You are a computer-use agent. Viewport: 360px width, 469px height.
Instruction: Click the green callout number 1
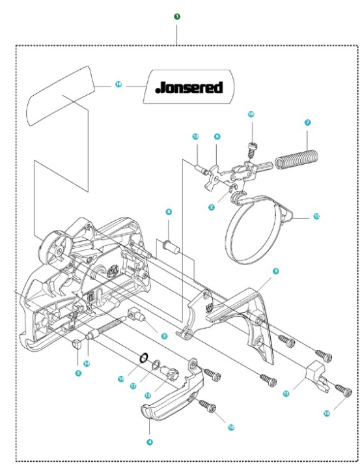point(177,16)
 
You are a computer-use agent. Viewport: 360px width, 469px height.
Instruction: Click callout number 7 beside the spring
point(307,122)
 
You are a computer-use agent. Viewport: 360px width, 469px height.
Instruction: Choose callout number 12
point(316,216)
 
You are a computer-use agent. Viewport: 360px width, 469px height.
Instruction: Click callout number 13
point(195,137)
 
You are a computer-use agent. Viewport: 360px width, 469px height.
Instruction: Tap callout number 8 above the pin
point(169,212)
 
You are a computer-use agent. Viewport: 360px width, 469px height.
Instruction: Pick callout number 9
point(275,270)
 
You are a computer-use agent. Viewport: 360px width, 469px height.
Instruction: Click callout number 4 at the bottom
point(150,441)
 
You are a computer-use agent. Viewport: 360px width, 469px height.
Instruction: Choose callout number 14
point(87,363)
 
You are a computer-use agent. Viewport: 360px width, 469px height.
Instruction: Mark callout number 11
point(285,394)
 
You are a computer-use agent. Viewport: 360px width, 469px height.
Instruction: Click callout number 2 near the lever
point(212,206)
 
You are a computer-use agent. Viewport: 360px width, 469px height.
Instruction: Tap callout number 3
point(165,337)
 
